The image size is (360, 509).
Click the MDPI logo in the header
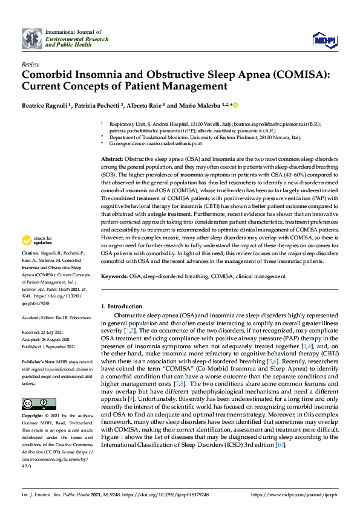tap(324, 39)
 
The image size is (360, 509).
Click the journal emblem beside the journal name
tap(32, 39)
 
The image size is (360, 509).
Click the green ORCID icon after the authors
tap(235, 105)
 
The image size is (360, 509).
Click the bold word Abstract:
tap(113, 157)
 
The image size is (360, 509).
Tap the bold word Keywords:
tap(114, 276)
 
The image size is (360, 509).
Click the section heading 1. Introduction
tap(122, 306)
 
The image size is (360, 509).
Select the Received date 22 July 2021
tap(54, 332)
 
